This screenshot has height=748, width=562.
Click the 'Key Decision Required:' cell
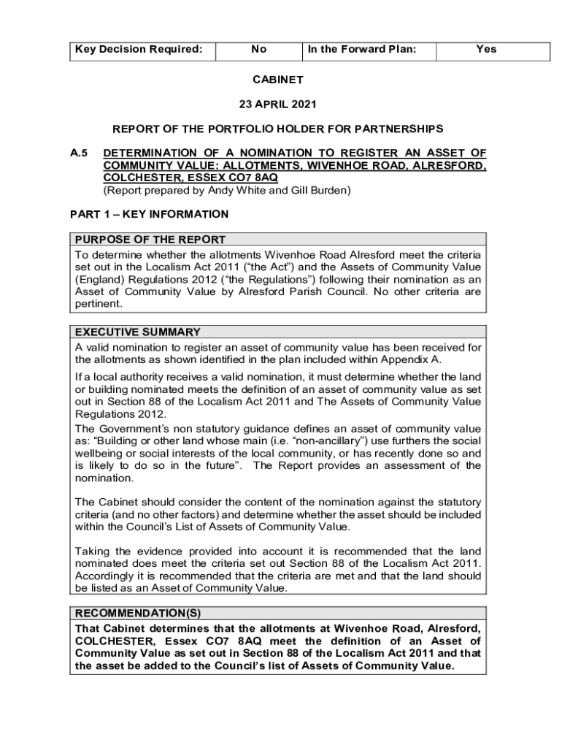(x=137, y=50)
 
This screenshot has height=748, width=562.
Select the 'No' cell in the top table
(x=258, y=50)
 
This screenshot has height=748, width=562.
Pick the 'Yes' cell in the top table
(x=485, y=50)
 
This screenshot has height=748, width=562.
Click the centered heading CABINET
(x=277, y=79)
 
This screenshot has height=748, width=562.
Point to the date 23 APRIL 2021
(x=277, y=104)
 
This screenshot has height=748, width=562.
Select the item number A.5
(x=79, y=153)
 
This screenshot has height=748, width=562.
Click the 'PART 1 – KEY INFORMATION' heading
(x=149, y=215)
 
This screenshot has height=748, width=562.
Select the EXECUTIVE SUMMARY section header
(x=138, y=332)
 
